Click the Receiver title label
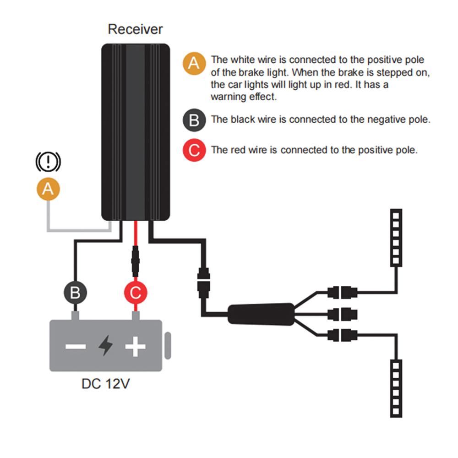(135, 29)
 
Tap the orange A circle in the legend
(194, 63)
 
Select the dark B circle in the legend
(194, 120)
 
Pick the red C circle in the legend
(194, 150)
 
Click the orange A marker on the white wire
(48, 189)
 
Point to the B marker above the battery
(76, 292)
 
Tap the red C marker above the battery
(136, 292)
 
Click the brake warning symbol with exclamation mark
(48, 162)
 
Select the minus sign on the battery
(76, 346)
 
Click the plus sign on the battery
(135, 346)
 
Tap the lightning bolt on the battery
(105, 345)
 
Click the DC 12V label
(105, 384)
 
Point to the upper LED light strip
(396, 238)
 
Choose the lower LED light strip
(396, 388)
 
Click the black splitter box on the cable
(261, 314)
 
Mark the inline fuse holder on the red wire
(135, 261)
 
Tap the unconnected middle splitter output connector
(342, 314)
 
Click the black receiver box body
(136, 132)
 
